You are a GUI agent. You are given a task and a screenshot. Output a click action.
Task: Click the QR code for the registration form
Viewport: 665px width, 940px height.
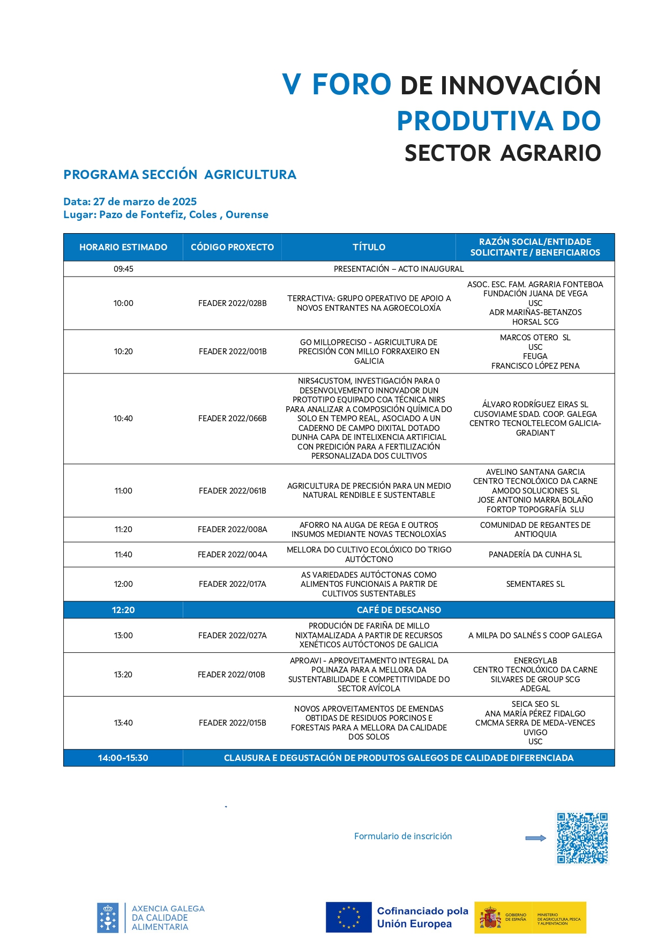(582, 838)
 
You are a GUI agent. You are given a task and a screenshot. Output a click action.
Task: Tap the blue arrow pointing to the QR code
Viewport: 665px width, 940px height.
(535, 838)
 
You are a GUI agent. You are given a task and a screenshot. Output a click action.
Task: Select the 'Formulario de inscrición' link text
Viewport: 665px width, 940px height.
(403, 836)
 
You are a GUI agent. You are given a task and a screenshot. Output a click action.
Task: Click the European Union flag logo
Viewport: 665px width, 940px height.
(348, 917)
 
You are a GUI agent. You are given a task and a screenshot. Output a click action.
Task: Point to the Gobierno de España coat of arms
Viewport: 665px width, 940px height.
(490, 917)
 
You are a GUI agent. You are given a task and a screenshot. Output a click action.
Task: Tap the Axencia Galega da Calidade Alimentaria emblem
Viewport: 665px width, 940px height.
(108, 917)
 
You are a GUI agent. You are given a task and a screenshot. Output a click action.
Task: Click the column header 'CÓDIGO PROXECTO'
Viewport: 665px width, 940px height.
(232, 247)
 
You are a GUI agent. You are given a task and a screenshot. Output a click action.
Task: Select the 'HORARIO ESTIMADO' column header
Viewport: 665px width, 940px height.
(123, 247)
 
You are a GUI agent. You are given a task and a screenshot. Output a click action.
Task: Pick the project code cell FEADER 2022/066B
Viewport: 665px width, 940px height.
(232, 419)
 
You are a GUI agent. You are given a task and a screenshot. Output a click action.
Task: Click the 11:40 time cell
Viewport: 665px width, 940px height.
(123, 555)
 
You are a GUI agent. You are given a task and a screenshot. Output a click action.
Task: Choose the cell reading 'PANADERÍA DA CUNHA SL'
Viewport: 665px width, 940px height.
(535, 555)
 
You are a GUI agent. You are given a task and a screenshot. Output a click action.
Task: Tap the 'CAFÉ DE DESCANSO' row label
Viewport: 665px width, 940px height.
(399, 610)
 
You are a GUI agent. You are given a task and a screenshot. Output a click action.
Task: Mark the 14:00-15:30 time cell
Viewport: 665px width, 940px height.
(123, 758)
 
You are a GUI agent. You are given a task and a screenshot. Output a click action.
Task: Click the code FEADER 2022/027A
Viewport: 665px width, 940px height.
(232, 636)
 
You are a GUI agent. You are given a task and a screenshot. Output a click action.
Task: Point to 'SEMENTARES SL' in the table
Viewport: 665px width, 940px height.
(535, 584)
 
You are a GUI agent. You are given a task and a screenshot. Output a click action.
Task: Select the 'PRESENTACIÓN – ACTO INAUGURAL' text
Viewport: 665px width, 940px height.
(399, 269)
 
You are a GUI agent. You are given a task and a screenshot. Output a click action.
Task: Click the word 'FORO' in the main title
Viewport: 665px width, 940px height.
(352, 85)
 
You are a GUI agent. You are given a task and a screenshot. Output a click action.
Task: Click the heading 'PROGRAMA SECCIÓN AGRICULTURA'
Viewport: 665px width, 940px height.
(180, 175)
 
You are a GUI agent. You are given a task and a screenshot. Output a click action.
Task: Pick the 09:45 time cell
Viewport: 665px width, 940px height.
(123, 269)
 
